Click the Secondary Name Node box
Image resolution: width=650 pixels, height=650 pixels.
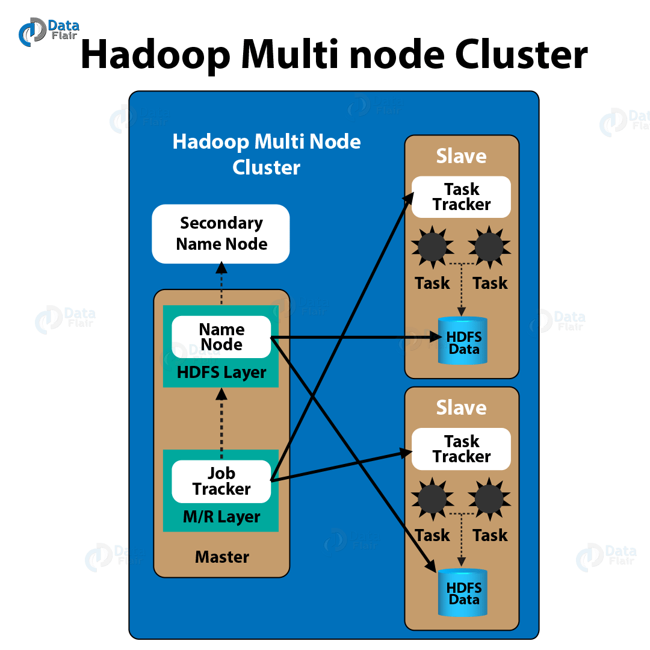point(221,234)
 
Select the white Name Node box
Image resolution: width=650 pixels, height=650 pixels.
point(221,337)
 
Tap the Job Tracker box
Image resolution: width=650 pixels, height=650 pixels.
point(221,481)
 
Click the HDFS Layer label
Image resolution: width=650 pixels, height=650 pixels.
point(221,373)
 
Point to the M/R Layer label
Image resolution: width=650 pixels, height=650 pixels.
point(221,517)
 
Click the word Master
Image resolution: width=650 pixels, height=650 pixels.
point(221,557)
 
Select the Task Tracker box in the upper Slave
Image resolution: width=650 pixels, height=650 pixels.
point(461,197)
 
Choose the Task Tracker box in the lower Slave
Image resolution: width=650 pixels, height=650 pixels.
point(461,449)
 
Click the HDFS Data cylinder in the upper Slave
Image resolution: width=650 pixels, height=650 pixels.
point(463,341)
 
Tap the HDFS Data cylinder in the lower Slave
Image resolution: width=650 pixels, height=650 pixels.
point(463,592)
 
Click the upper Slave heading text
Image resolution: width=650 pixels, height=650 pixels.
point(461,156)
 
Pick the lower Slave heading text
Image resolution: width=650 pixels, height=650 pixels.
point(461,408)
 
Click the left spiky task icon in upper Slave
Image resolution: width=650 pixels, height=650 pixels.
point(432,246)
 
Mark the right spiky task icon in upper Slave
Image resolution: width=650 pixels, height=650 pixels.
point(489,246)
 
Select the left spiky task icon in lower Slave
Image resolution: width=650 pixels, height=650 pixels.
point(432,498)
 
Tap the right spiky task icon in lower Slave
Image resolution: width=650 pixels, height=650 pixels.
point(489,498)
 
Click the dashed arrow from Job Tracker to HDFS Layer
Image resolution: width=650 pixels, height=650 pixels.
point(221,424)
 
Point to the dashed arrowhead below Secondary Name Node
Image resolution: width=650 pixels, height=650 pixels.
point(221,267)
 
